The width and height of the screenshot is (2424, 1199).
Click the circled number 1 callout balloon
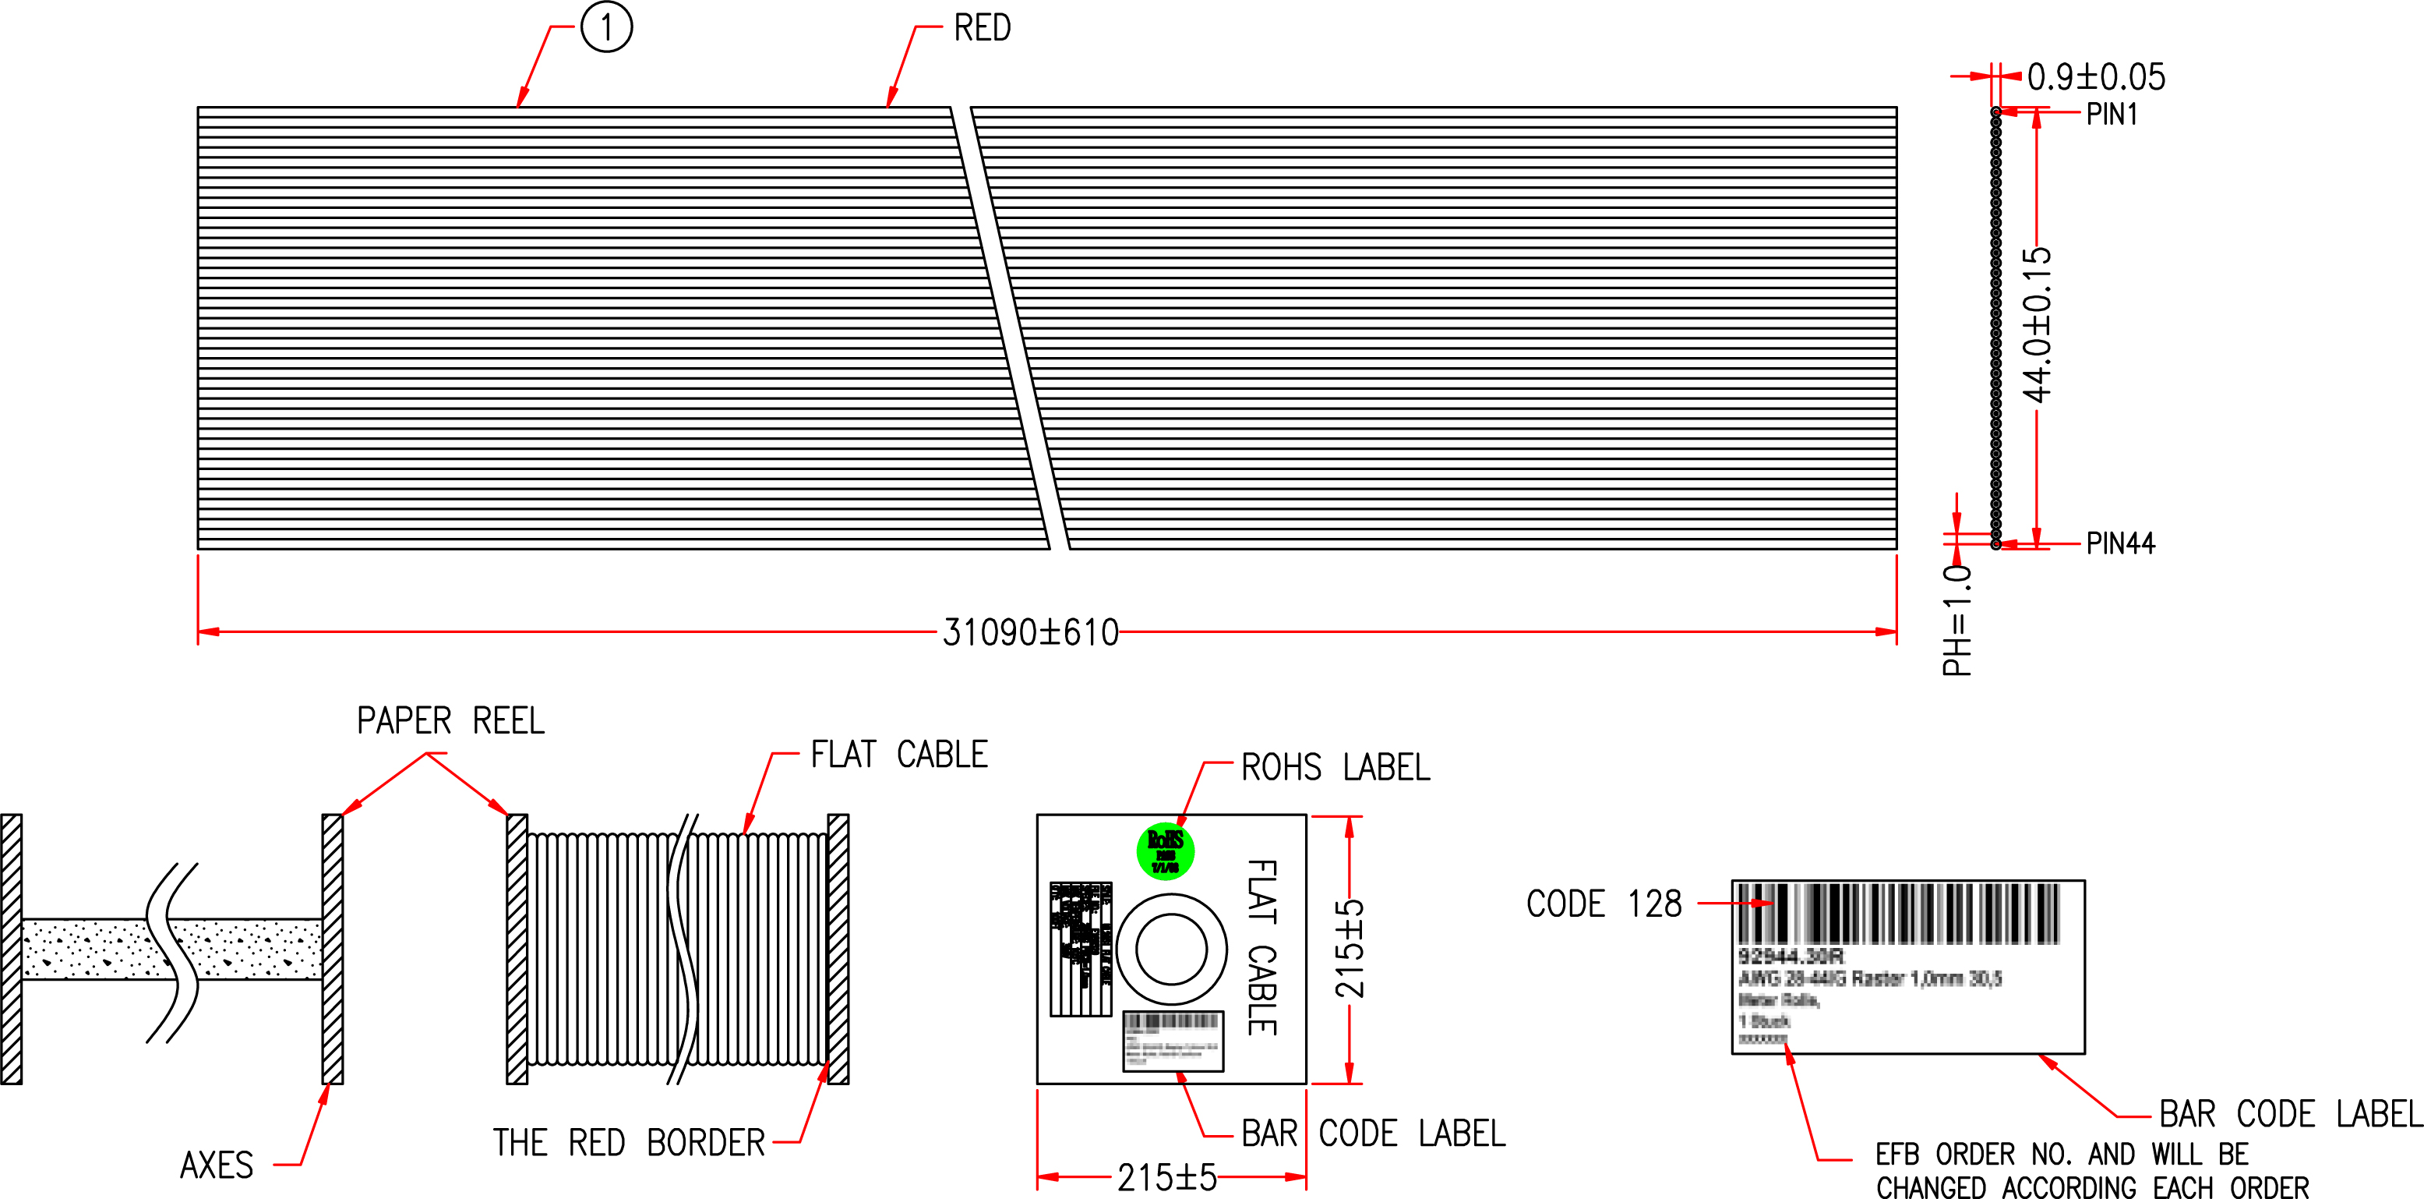(606, 27)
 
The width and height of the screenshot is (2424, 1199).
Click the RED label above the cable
(982, 28)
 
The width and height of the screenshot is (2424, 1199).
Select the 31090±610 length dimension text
(1030, 632)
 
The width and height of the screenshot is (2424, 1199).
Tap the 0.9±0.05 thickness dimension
(2096, 77)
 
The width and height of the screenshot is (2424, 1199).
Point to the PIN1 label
(2112, 115)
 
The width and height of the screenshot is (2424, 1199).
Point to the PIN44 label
(2120, 544)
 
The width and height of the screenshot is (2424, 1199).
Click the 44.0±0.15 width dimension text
(2038, 324)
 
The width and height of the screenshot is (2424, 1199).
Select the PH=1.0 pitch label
(1957, 619)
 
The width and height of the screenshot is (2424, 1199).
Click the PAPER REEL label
(450, 721)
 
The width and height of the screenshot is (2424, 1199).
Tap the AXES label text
(217, 1165)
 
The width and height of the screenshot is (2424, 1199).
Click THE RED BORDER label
(629, 1143)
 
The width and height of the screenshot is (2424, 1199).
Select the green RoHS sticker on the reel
(1165, 851)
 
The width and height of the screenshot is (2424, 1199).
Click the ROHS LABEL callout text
(1335, 767)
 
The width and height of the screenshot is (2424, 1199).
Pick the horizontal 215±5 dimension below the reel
(1167, 1177)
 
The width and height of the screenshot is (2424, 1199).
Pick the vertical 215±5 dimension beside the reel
(1350, 948)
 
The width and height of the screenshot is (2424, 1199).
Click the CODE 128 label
(1604, 904)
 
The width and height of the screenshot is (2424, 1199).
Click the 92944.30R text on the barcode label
(1790, 957)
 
